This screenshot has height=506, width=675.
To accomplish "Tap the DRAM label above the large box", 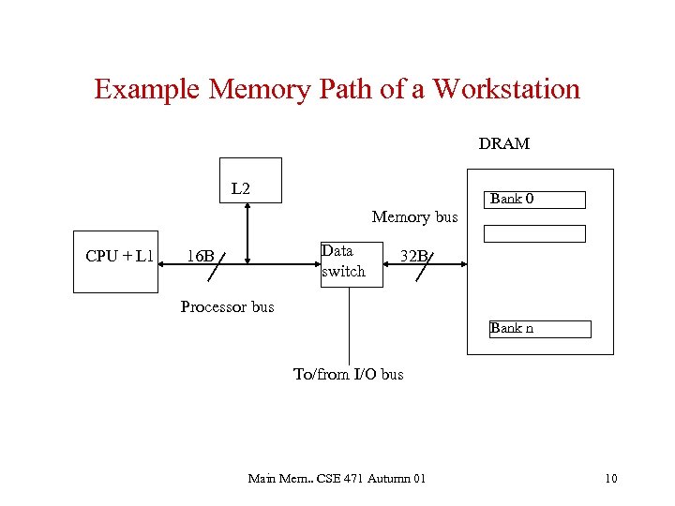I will pyautogui.click(x=503, y=144).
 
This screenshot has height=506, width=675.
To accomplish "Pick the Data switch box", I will pyautogui.click(x=349, y=262).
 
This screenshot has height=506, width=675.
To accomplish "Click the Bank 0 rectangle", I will pyautogui.click(x=538, y=200).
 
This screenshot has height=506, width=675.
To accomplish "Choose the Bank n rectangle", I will pyautogui.click(x=540, y=329).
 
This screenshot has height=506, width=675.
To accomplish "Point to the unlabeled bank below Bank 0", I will pyautogui.click(x=540, y=233).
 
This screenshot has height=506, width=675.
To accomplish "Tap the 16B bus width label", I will pyautogui.click(x=200, y=257).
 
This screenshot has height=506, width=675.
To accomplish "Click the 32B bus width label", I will pyautogui.click(x=413, y=257).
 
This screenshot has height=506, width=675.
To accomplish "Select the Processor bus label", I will pyautogui.click(x=227, y=307).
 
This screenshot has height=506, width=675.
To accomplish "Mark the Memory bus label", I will pyautogui.click(x=414, y=217).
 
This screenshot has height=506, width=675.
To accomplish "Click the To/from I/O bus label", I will pyautogui.click(x=349, y=375).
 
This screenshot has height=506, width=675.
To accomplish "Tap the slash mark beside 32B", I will pyautogui.click(x=427, y=267).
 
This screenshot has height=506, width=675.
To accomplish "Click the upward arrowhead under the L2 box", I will pyautogui.click(x=247, y=209).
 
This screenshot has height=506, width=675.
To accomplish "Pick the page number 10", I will pyautogui.click(x=610, y=480).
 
